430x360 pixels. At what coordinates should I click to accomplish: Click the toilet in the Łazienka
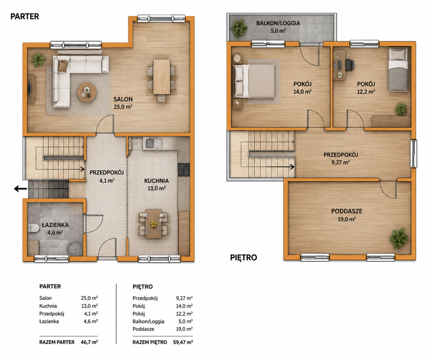[33, 228]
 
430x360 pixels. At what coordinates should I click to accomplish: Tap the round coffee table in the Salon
[87, 92]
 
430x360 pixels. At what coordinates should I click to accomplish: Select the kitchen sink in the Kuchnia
[154, 143]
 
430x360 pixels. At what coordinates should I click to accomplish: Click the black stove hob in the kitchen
[184, 169]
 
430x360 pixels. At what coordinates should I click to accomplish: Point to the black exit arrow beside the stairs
[21, 188]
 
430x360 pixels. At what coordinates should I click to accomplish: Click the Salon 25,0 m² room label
[123, 103]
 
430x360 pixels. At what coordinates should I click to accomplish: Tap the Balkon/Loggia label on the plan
[278, 27]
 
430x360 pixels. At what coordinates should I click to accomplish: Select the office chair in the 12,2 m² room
[348, 65]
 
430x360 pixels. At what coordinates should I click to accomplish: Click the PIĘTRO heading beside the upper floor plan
[243, 257]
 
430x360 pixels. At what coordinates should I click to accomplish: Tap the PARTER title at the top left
[25, 16]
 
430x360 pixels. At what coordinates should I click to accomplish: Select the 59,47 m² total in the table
[183, 342]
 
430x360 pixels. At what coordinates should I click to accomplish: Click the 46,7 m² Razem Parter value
[90, 342]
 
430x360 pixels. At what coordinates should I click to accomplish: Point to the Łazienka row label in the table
[49, 322]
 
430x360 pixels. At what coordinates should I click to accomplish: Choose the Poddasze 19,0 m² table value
[184, 329]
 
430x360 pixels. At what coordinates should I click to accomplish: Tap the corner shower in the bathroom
[75, 248]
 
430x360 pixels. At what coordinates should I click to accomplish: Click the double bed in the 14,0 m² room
[254, 81]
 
